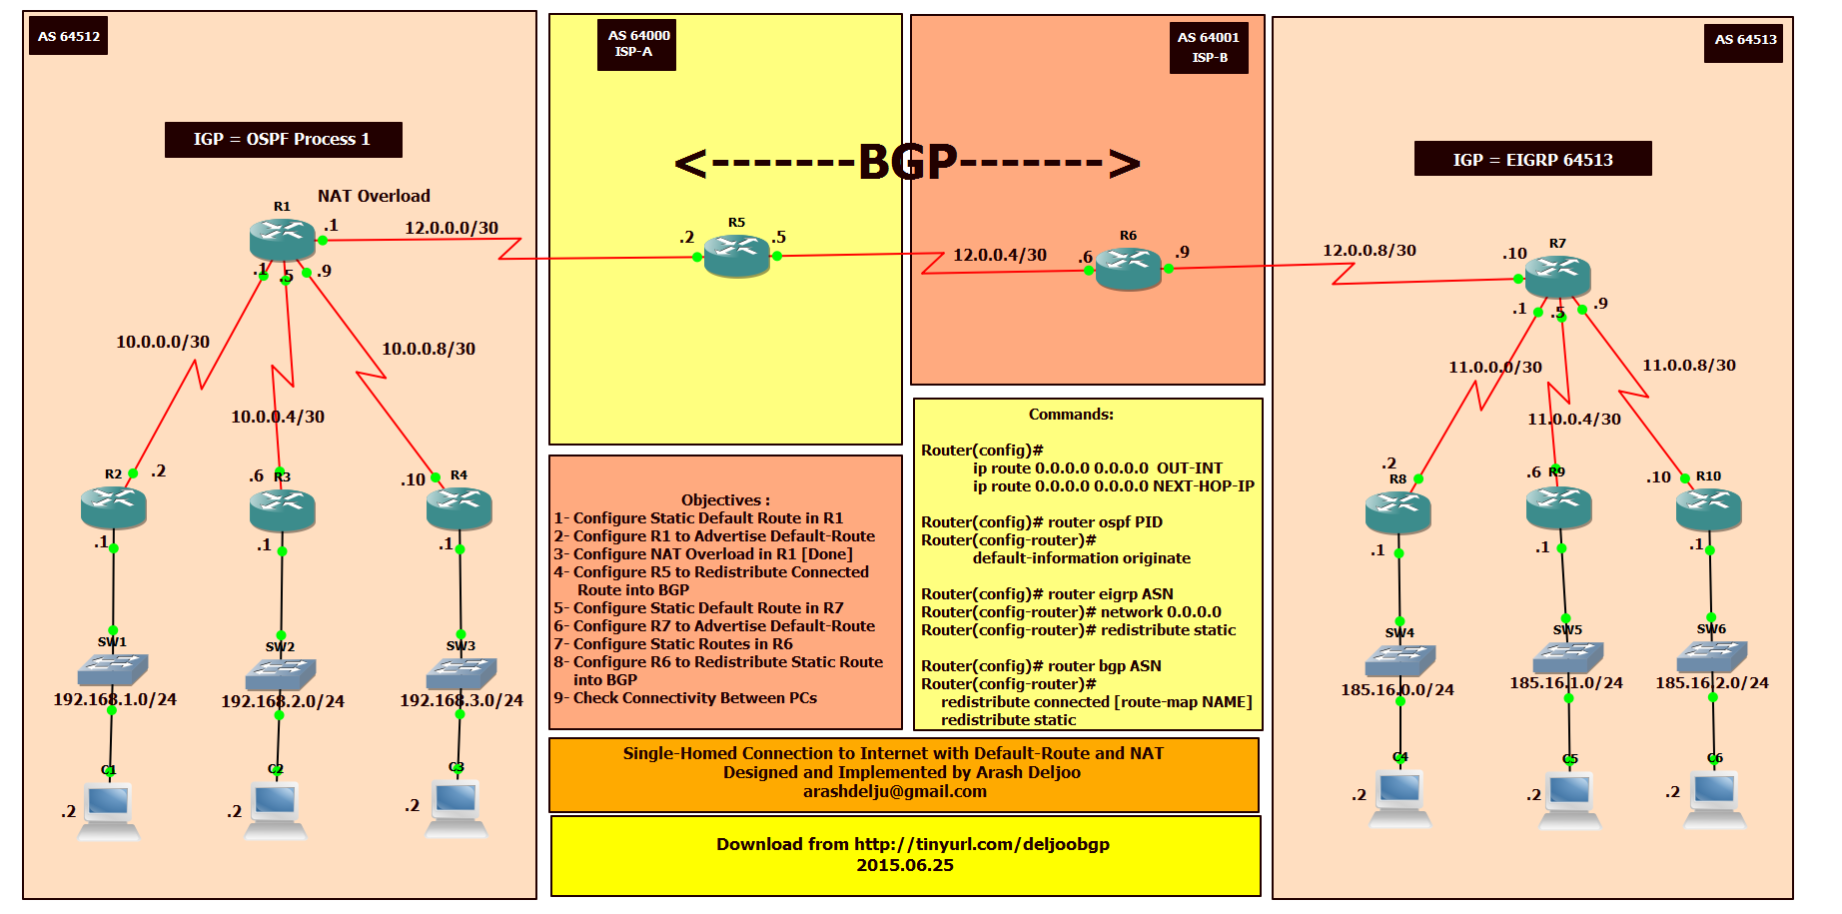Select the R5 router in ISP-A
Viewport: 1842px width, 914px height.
(x=736, y=255)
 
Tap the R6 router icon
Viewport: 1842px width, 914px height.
(x=1128, y=268)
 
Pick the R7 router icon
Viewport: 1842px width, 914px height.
(x=1557, y=276)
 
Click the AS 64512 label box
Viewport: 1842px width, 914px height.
(x=68, y=36)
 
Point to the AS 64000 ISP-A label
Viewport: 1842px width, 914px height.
(x=637, y=44)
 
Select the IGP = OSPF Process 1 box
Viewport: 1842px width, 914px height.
(x=283, y=140)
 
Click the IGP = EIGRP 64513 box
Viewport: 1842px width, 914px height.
(x=1532, y=160)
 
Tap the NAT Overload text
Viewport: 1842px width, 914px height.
(x=374, y=196)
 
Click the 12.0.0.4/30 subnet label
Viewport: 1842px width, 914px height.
(x=999, y=255)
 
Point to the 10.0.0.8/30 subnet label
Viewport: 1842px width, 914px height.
(x=428, y=349)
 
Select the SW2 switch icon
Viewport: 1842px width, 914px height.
(x=281, y=672)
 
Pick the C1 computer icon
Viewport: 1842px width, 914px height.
(x=108, y=807)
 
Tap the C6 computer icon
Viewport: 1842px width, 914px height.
(x=1714, y=796)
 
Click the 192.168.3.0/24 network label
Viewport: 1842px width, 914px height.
(x=460, y=700)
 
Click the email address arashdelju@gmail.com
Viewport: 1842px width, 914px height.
(x=894, y=791)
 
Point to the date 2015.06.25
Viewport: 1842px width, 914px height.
(x=904, y=865)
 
